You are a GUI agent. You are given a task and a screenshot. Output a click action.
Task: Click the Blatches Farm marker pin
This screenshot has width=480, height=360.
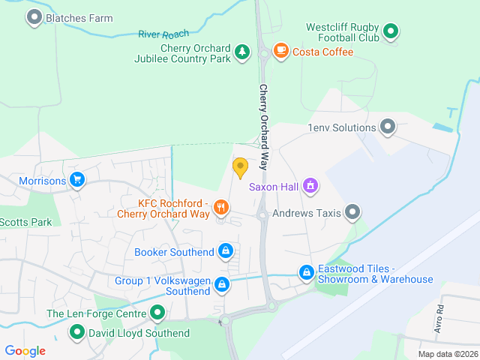34,17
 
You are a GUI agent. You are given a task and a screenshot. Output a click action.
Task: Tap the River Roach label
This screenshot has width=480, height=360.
164,34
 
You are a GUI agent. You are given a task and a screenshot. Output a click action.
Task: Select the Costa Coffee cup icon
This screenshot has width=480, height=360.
280,51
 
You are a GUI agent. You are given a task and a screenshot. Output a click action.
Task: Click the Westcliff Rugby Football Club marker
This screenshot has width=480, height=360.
390,31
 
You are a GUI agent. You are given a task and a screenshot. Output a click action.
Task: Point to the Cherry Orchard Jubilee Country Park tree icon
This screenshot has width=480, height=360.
241,52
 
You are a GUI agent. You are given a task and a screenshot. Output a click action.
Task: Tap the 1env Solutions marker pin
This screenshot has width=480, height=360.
388,127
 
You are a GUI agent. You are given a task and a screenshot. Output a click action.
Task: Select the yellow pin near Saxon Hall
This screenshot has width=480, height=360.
240,166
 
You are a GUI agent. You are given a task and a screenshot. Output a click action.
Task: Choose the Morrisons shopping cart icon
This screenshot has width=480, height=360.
76,180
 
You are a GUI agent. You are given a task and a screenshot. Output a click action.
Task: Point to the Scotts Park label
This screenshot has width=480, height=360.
25,222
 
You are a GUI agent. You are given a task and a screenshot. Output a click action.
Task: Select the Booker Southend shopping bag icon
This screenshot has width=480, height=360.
226,251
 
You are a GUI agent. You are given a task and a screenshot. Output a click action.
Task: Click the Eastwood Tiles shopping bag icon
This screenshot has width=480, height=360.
306,273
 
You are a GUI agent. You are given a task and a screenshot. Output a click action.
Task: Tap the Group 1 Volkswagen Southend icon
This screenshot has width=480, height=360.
222,284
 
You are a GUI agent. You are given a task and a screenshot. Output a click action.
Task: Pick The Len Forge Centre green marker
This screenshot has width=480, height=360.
157,313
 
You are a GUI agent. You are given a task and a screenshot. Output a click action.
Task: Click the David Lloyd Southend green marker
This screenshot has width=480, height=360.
76,332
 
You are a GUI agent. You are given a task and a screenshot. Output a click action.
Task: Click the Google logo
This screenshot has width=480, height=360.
25,350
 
